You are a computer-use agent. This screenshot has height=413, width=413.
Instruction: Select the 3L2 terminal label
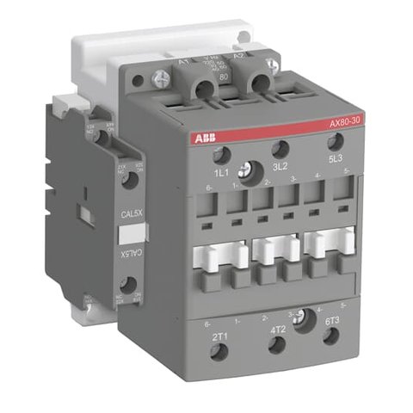click(x=278, y=170)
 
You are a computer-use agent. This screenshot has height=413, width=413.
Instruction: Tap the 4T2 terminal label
click(x=278, y=328)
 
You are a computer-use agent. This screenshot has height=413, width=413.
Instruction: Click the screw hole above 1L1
click(x=219, y=154)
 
